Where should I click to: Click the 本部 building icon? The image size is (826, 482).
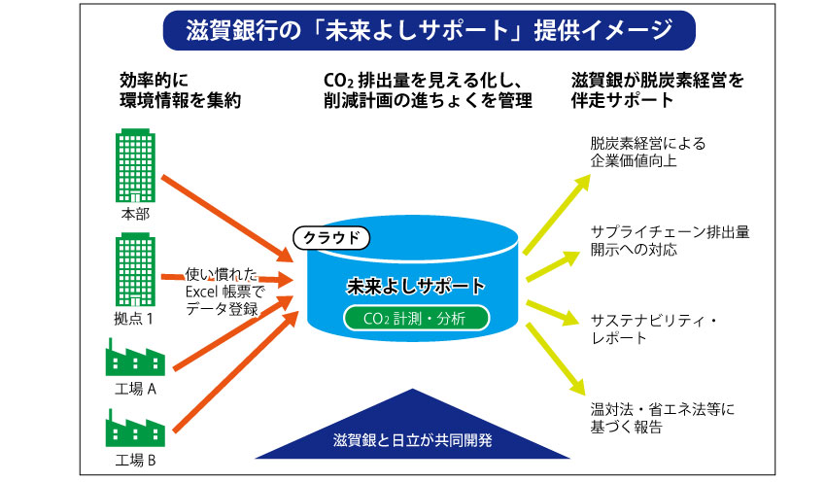135,165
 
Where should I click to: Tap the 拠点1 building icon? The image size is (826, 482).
135,270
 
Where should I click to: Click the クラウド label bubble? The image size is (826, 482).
331,238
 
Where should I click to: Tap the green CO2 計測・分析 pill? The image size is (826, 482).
416,318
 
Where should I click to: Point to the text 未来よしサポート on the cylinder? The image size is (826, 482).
416,286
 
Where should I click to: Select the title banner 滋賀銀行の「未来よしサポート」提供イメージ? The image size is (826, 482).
430,30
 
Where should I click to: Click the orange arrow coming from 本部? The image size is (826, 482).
227,219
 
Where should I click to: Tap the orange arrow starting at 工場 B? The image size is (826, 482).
236,372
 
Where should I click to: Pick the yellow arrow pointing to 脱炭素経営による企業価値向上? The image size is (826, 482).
557,215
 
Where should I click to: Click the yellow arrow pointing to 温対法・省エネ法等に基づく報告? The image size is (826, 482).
556,360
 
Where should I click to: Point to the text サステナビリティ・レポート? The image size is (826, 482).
654,329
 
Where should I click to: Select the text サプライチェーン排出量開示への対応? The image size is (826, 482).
670,241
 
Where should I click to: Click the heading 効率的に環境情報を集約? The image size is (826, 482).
180,90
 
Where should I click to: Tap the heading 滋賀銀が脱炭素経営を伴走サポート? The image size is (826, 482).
657,90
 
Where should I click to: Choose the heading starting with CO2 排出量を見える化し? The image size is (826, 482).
428,90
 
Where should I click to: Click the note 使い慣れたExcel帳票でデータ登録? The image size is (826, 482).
224,292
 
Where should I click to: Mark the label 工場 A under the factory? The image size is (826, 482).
135,389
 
